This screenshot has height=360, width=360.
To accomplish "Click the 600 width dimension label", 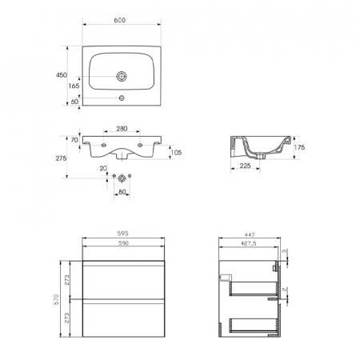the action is [x=120, y=20].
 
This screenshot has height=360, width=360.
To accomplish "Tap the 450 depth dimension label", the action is [x=62, y=75].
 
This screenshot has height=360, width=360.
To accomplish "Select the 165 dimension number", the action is [x=74, y=86].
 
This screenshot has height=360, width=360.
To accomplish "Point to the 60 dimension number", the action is [x=74, y=102].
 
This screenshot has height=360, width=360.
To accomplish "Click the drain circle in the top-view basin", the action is [x=122, y=76].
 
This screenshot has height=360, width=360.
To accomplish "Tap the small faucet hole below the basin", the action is [x=122, y=98].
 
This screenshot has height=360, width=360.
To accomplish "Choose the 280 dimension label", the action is [x=122, y=129].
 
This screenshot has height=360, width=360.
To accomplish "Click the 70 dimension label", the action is [x=74, y=140].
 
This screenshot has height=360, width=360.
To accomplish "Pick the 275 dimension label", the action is [x=61, y=158].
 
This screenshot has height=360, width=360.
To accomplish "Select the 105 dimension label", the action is [x=176, y=153].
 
